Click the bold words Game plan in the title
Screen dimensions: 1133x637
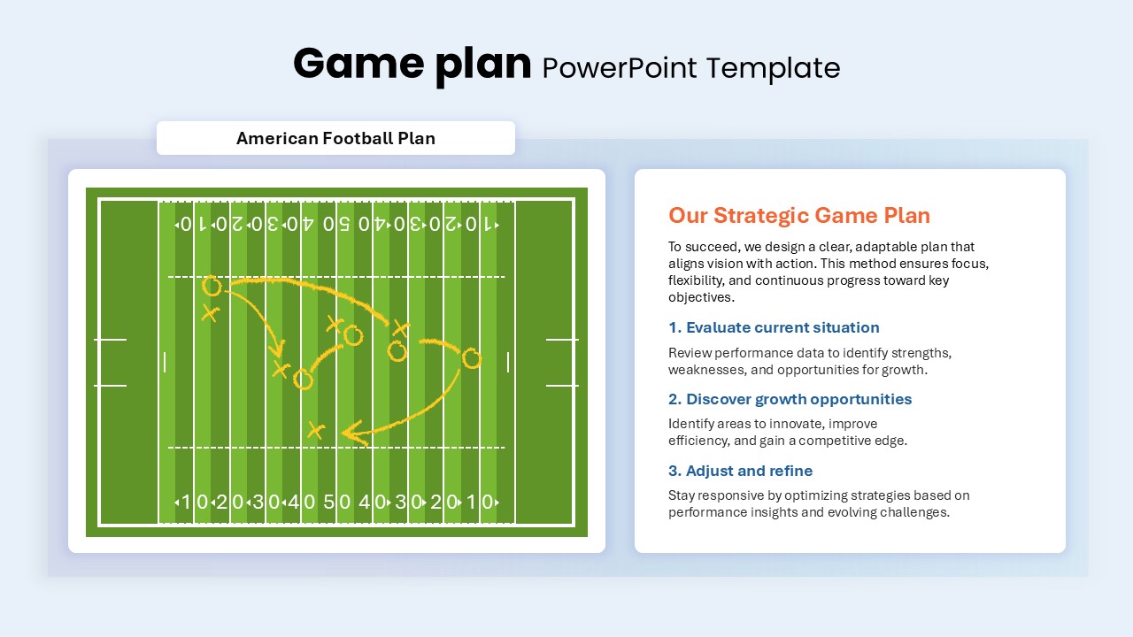tap(412, 65)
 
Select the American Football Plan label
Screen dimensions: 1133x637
tap(335, 138)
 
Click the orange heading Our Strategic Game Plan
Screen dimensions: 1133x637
tap(799, 215)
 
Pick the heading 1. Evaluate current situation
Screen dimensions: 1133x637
tap(774, 327)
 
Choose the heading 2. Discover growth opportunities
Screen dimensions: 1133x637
tap(790, 399)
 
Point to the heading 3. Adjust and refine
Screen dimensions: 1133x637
tap(741, 471)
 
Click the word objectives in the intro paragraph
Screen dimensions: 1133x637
tap(701, 297)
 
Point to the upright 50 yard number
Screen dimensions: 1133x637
tap(337, 502)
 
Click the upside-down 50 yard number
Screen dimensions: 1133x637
tap(336, 224)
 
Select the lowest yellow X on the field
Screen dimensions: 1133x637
tap(316, 431)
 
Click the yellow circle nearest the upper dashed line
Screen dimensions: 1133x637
tap(212, 286)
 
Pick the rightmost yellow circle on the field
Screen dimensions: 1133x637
tap(472, 358)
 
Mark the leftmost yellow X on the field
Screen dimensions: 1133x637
tap(210, 313)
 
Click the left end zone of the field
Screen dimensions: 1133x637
tap(129, 362)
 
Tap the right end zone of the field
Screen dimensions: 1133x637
tap(543, 362)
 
